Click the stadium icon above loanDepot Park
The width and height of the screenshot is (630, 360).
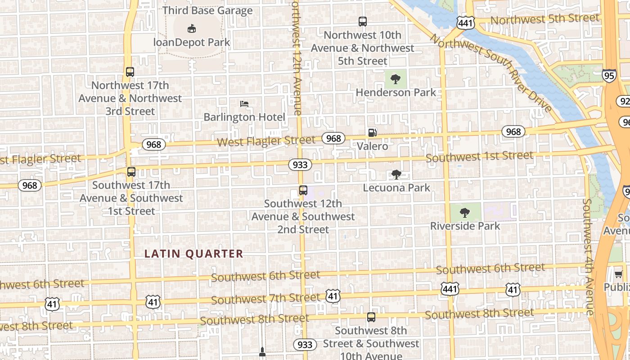pos(192,29)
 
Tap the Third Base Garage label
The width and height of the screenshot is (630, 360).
pos(207,10)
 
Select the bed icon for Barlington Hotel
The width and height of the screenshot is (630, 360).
pos(244,104)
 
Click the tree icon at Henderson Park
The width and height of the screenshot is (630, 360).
pos(396,80)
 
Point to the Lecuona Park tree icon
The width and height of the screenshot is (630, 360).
pos(396,175)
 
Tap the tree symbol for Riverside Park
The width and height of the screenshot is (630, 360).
pos(465,212)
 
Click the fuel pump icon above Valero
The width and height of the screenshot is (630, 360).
pos(373,133)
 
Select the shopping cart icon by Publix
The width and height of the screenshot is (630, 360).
pos(618,274)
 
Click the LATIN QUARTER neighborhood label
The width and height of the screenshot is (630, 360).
pos(193,254)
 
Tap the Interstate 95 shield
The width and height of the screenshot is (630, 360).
pos(609,76)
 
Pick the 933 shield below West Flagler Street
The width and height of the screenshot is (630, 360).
pos(300,165)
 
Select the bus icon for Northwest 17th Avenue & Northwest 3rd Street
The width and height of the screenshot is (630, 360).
pos(130,72)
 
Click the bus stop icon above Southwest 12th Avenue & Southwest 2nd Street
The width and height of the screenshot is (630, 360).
pos(303,190)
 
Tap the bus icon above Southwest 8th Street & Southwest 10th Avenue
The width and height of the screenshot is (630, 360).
pos(371,317)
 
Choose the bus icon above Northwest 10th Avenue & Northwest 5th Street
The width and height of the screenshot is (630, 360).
pos(363,22)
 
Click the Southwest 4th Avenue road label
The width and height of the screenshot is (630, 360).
pos(589,256)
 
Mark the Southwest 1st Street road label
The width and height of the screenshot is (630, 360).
pos(479,157)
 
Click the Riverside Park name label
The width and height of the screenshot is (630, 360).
pos(465,226)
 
